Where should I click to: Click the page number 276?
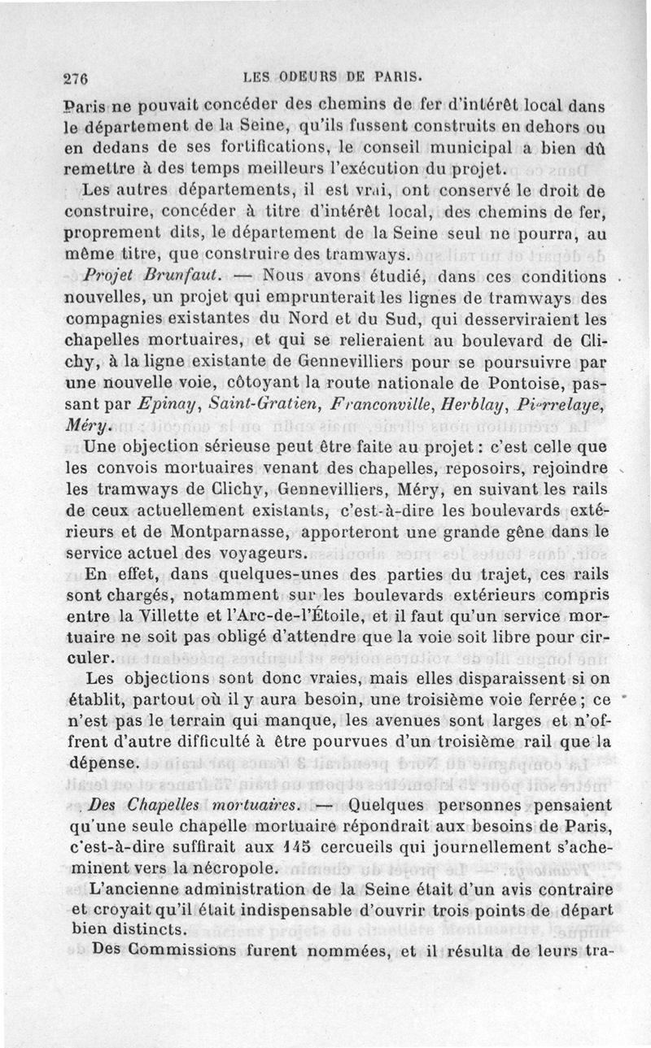coord(76,79)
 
